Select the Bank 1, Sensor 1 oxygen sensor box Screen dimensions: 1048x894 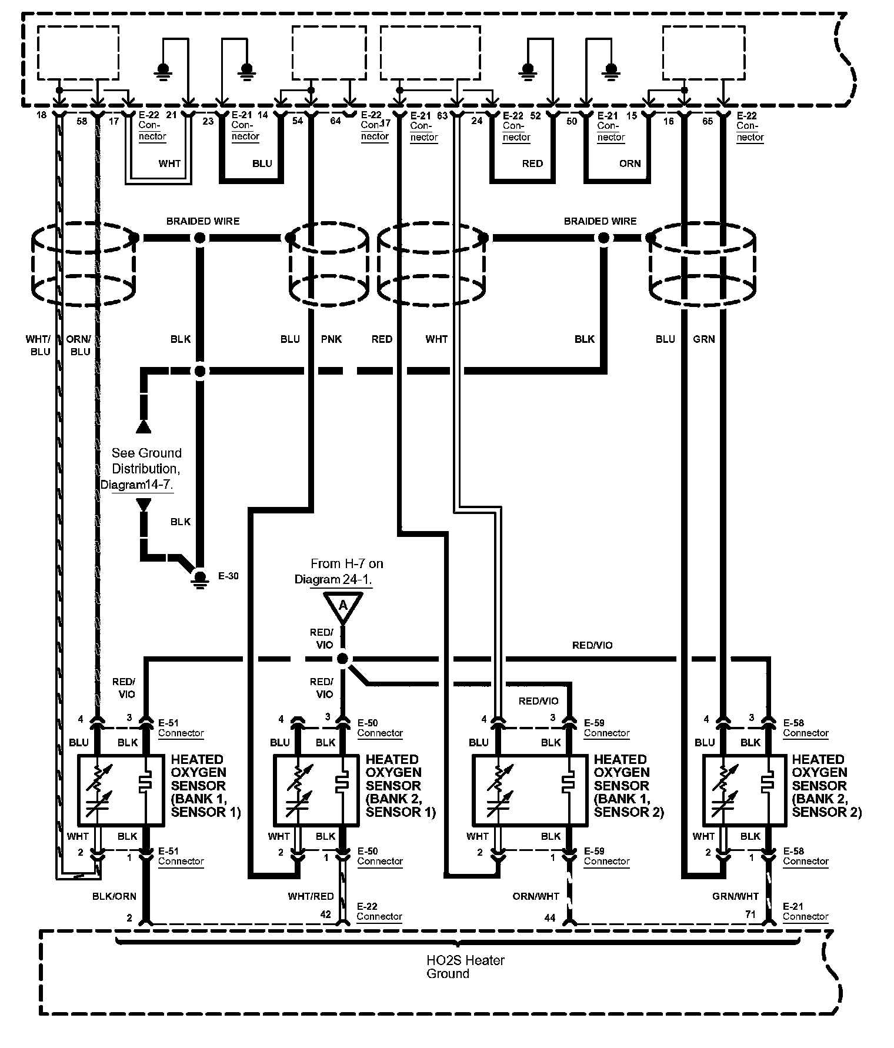click(121, 790)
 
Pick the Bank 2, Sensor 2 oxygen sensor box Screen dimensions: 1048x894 click(745, 790)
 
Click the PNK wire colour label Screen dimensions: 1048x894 click(331, 339)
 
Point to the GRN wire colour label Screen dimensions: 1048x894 click(703, 339)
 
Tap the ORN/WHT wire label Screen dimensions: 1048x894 click(536, 896)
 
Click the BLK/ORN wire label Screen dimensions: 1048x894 click(114, 896)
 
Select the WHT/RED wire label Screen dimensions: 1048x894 click(311, 896)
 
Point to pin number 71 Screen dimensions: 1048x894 click(750, 915)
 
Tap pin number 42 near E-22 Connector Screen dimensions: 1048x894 click(325, 915)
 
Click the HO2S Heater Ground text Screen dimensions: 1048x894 click(465, 967)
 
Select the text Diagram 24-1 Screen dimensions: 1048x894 click(333, 579)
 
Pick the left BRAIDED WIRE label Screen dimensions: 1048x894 click(203, 221)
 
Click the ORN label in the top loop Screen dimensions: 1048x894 click(629, 163)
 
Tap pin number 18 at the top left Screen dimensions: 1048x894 click(41, 115)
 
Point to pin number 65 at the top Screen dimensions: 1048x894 click(708, 121)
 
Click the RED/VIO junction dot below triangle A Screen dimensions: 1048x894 click(343, 659)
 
